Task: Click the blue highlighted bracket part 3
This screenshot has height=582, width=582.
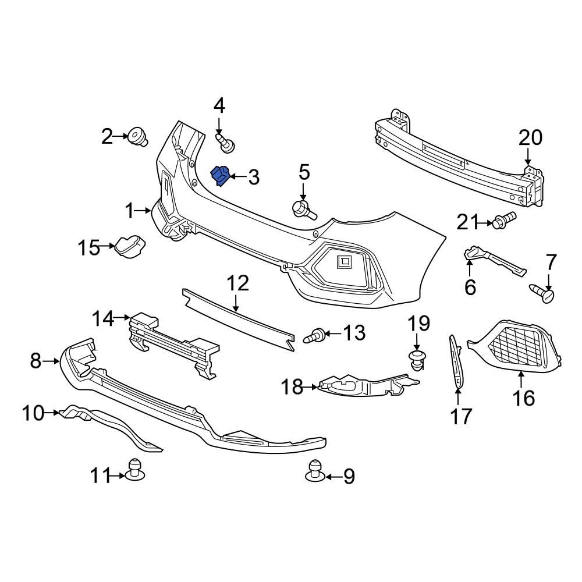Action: click(221, 176)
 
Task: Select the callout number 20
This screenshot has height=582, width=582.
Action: click(530, 138)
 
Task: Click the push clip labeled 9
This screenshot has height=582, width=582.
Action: click(314, 471)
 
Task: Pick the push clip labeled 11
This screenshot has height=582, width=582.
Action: click(136, 470)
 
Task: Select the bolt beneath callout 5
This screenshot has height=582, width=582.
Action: click(304, 210)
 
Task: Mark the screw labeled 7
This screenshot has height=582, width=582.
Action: click(542, 292)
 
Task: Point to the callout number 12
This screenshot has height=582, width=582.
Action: click(237, 284)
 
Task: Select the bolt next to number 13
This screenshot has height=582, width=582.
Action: click(315, 335)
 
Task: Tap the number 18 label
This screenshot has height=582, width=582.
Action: click(293, 386)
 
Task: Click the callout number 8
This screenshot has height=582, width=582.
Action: click(36, 361)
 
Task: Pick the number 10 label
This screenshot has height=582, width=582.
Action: click(33, 413)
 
